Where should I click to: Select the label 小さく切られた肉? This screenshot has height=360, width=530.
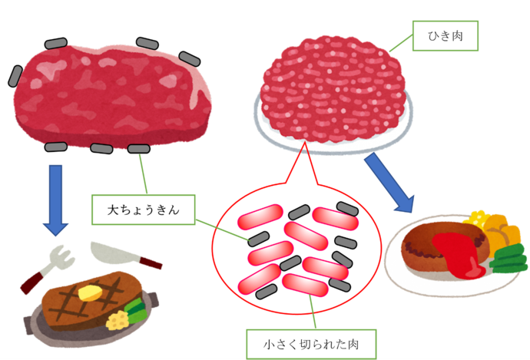[312, 343]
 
